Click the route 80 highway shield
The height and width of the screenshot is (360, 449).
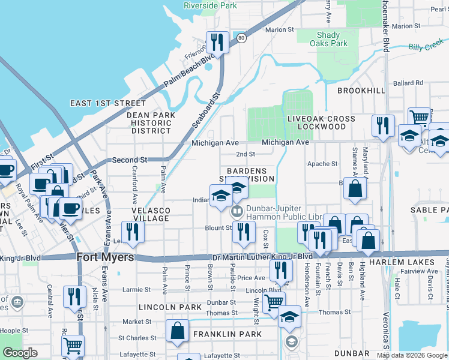(x=241, y=37)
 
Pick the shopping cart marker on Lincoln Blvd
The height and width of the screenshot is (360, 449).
(x=274, y=302)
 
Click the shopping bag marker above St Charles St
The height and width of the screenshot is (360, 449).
(x=178, y=331)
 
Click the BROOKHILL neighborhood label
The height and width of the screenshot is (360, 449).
(x=361, y=90)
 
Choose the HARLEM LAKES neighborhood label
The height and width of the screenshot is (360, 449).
(x=411, y=262)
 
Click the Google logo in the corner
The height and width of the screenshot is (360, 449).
(x=20, y=353)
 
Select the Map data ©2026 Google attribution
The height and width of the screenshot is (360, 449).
(x=412, y=355)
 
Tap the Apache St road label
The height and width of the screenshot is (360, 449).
(x=322, y=164)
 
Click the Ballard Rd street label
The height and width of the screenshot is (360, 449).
(x=408, y=83)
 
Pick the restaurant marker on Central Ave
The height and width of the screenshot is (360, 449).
(x=74, y=297)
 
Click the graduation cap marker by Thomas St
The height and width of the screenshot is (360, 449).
(x=289, y=317)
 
